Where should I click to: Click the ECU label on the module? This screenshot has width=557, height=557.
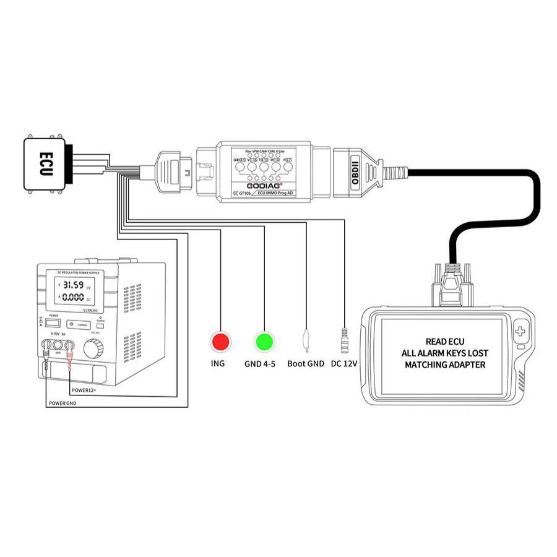[45, 163]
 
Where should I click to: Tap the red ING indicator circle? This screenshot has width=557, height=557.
[220, 341]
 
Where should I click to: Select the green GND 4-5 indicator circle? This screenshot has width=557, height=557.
[264, 341]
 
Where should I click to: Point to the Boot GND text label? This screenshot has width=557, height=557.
[306, 363]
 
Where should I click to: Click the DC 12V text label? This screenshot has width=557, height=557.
[345, 363]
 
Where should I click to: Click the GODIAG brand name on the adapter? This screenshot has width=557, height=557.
[264, 184]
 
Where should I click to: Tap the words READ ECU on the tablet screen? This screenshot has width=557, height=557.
[446, 341]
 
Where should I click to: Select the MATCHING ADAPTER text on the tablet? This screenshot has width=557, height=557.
[446, 365]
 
